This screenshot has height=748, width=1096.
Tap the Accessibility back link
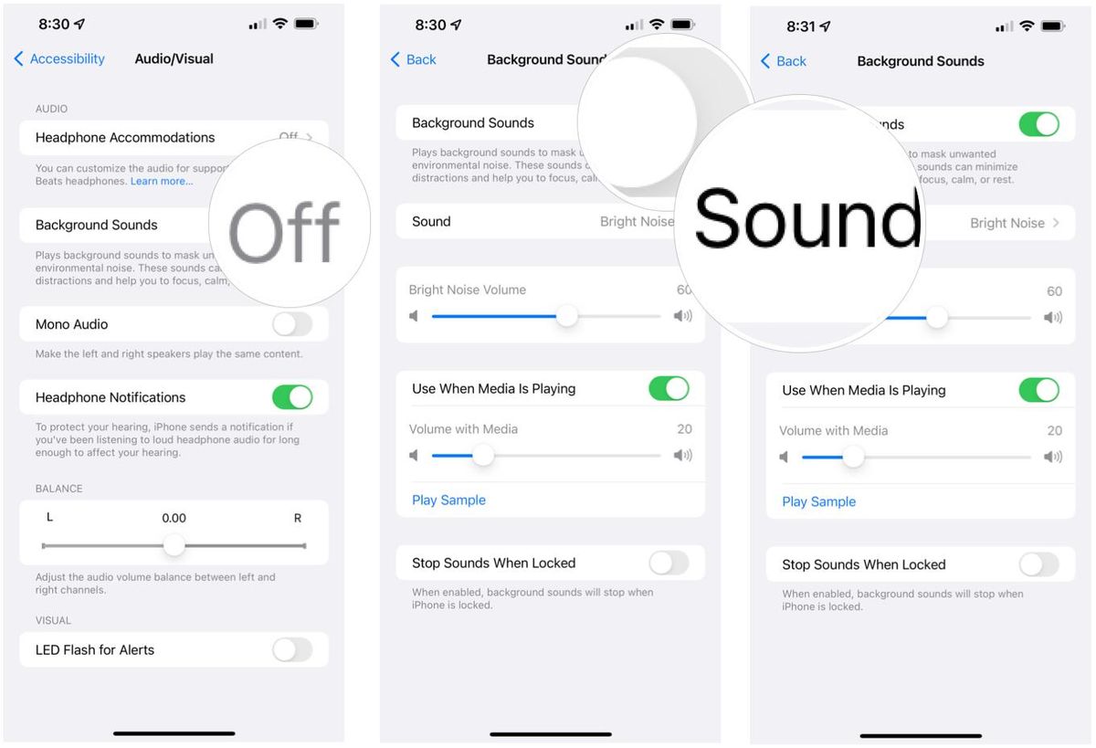tap(59, 58)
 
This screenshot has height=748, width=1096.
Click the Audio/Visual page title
tap(174, 58)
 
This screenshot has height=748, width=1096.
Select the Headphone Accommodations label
tap(125, 137)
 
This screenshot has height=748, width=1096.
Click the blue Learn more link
tap(162, 181)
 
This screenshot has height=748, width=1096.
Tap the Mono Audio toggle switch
tap(292, 324)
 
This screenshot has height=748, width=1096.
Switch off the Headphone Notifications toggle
tap(292, 397)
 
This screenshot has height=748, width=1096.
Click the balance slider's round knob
tap(174, 546)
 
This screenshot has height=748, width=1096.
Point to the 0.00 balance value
tap(174, 518)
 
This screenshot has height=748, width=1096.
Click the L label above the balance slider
tap(50, 518)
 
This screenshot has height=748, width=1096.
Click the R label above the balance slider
tap(298, 518)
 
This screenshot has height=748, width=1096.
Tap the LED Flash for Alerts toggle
tap(292, 649)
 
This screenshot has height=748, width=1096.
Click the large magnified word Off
tap(285, 233)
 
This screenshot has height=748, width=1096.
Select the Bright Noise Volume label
tap(468, 290)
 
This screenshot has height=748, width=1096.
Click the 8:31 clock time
tap(801, 26)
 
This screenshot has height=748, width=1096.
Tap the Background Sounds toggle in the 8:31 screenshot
tap(1038, 124)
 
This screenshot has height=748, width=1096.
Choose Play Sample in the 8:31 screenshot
tap(819, 501)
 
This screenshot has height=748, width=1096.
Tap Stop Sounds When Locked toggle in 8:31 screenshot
tap(1038, 564)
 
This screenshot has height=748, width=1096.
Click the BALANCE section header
tap(58, 489)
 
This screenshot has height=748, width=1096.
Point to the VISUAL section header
tap(53, 620)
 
